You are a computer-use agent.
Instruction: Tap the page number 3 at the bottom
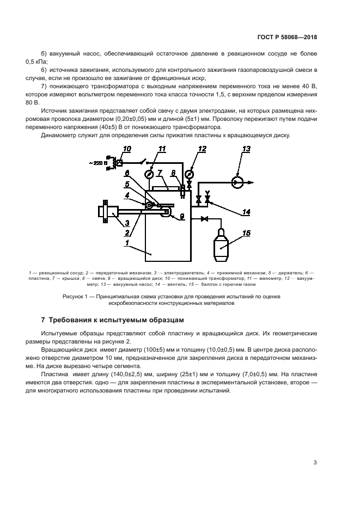(x=315, y=463)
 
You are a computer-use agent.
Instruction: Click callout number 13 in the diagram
(x=246, y=149)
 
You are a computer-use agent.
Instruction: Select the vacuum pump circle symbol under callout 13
(x=237, y=182)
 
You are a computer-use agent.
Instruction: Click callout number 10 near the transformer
(x=127, y=149)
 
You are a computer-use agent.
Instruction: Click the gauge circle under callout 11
(x=149, y=174)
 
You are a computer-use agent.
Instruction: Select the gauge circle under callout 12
(x=189, y=174)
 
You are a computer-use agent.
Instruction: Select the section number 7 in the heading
(x=44, y=320)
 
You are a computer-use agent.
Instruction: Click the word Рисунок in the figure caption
(x=76, y=297)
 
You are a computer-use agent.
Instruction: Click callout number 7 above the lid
(x=159, y=173)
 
